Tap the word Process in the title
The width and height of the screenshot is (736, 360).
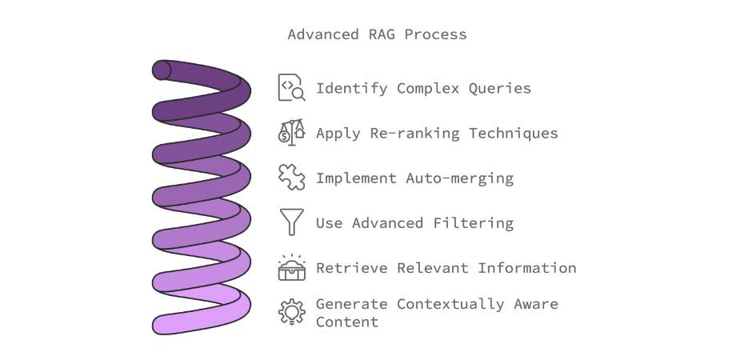click(435, 34)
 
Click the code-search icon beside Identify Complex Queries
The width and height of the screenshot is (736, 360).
click(291, 87)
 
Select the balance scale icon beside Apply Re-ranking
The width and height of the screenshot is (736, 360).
click(291, 132)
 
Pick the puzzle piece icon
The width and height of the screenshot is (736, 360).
click(291, 177)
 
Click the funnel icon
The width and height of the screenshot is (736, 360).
click(291, 222)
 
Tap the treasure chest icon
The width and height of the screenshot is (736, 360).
click(291, 267)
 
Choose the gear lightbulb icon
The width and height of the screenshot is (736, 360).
click(291, 312)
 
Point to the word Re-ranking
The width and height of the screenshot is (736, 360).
click(415, 134)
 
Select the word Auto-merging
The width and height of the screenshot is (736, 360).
click(460, 178)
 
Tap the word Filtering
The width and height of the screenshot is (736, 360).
click(473, 223)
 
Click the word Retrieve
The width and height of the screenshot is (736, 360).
click(351, 268)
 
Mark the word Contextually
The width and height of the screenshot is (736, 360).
click(450, 304)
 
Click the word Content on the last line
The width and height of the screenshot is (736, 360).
click(347, 322)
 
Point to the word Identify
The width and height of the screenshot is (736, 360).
click(351, 88)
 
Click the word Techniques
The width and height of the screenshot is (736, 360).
click(514, 134)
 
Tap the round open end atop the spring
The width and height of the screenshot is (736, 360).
click(162, 70)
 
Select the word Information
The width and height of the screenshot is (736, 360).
click(526, 268)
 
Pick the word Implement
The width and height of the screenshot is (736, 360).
click(356, 178)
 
